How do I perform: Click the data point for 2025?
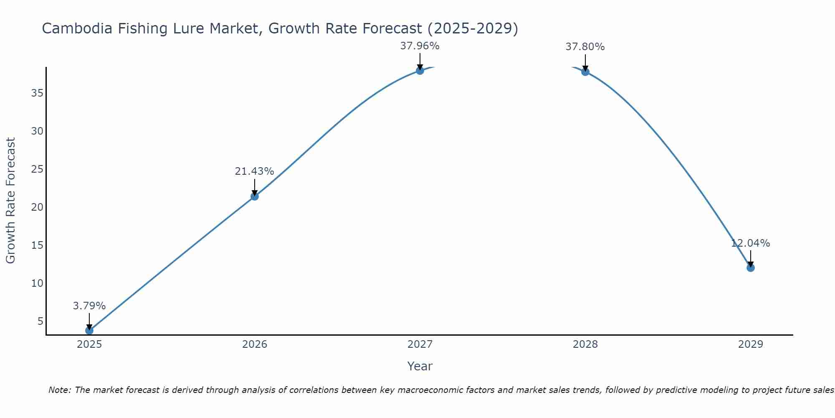(x=89, y=330)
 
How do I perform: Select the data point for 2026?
(x=255, y=196)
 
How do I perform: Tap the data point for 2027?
(x=420, y=71)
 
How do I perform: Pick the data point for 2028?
(x=585, y=72)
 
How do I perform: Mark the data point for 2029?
(x=751, y=268)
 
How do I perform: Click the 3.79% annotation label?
(x=89, y=306)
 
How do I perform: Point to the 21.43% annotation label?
(x=254, y=171)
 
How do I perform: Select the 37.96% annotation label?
(x=420, y=46)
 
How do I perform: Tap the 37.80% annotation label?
(x=585, y=47)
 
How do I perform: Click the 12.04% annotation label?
(x=750, y=243)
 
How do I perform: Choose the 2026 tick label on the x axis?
(x=255, y=344)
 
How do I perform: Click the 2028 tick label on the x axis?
(x=585, y=344)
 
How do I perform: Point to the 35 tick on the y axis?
(x=37, y=93)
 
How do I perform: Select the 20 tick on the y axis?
(x=37, y=207)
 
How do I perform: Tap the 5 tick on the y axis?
(x=40, y=321)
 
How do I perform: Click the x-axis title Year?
(x=420, y=366)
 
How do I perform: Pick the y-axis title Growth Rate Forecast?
(x=10, y=201)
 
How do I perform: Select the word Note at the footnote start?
(x=60, y=390)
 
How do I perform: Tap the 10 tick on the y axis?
(x=37, y=283)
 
